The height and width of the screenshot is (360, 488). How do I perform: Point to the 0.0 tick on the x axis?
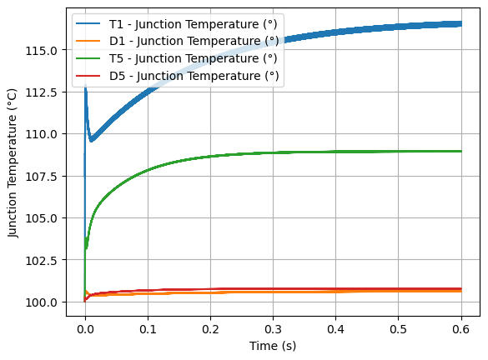[84, 328]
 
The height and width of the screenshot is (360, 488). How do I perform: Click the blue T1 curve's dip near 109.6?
[91, 140]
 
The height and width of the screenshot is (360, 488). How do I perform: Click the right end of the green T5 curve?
[461, 151]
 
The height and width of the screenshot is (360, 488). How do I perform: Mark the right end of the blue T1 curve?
[461, 23]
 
